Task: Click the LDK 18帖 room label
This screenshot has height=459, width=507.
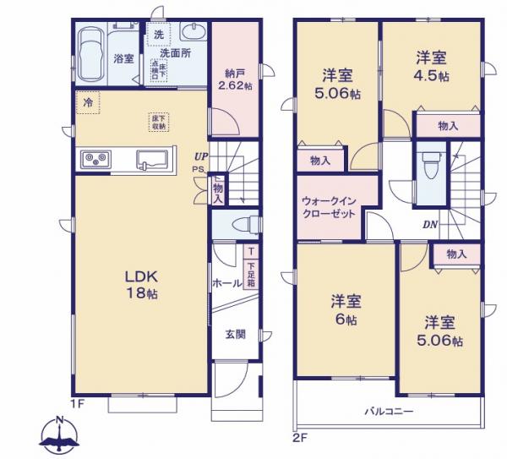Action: pyautogui.click(x=141, y=286)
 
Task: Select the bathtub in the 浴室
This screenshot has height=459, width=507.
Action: pyautogui.click(x=90, y=56)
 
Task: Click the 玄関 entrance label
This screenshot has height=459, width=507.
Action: pyautogui.click(x=235, y=334)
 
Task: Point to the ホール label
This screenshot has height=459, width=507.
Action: pyautogui.click(x=226, y=284)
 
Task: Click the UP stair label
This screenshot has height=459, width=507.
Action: pyautogui.click(x=199, y=156)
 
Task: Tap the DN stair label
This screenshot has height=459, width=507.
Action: pyautogui.click(x=429, y=224)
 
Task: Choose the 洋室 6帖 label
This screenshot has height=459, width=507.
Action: pyautogui.click(x=346, y=310)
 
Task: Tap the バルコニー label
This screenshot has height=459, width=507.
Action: pyautogui.click(x=388, y=412)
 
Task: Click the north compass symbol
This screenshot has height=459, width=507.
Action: pyautogui.click(x=58, y=436)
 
